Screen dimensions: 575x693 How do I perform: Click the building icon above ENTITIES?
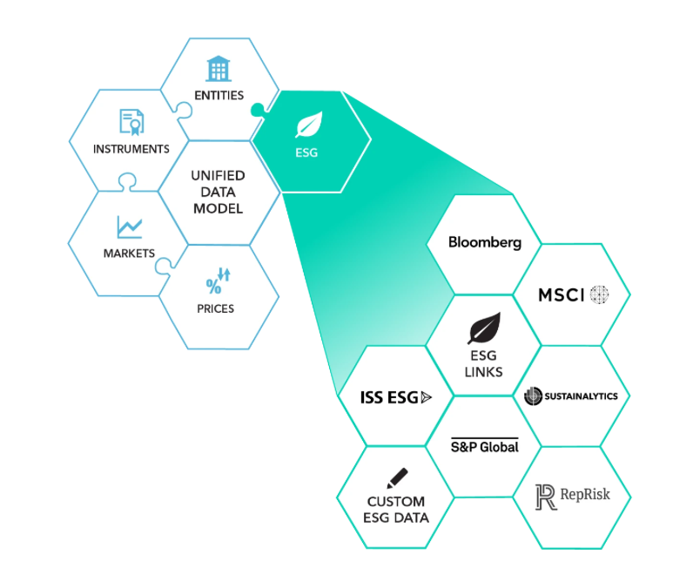[219, 69]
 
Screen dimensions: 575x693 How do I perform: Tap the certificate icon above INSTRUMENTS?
[131, 121]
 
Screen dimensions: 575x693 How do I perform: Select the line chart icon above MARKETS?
[129, 227]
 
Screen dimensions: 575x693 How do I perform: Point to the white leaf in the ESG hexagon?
[309, 125]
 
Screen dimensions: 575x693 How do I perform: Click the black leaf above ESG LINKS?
[483, 329]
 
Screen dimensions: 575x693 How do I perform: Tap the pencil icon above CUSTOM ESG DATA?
[397, 477]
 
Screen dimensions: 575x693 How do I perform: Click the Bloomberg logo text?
[485, 242]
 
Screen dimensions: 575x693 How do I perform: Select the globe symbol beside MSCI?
[598, 294]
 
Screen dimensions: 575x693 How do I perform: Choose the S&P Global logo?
[485, 445]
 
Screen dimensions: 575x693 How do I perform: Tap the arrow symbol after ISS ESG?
[426, 397]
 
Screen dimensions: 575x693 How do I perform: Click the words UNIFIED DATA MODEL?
[217, 191]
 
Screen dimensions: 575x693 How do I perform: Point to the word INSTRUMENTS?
[131, 149]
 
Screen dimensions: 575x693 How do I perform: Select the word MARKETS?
[129, 254]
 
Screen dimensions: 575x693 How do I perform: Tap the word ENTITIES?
[219, 95]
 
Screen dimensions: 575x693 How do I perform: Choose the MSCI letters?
[562, 294]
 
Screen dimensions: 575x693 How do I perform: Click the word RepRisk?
[585, 495]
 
